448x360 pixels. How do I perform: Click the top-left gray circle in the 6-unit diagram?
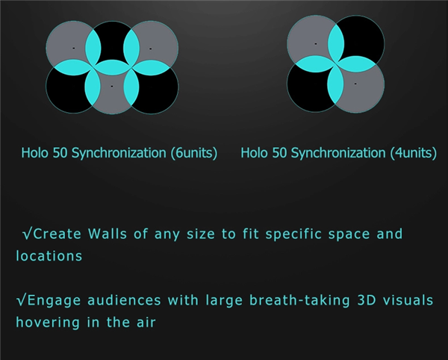(x=69, y=43)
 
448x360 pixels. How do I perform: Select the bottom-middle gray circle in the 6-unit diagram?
(x=112, y=91)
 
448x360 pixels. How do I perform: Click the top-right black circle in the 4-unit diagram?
(x=361, y=37)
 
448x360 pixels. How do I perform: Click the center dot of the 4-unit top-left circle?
(x=316, y=44)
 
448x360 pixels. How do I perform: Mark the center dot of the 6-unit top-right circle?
(x=151, y=49)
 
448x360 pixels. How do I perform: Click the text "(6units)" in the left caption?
(x=194, y=153)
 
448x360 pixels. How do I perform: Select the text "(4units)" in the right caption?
(x=414, y=153)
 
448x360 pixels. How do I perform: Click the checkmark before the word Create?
(x=28, y=234)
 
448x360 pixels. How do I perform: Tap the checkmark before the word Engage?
(x=22, y=300)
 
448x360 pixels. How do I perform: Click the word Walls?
(x=108, y=234)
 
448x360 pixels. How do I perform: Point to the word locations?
(x=49, y=255)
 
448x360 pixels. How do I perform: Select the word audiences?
(x=124, y=300)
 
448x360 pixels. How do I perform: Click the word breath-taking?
(x=299, y=300)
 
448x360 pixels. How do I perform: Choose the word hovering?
(x=48, y=323)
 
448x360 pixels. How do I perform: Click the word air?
(x=146, y=323)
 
